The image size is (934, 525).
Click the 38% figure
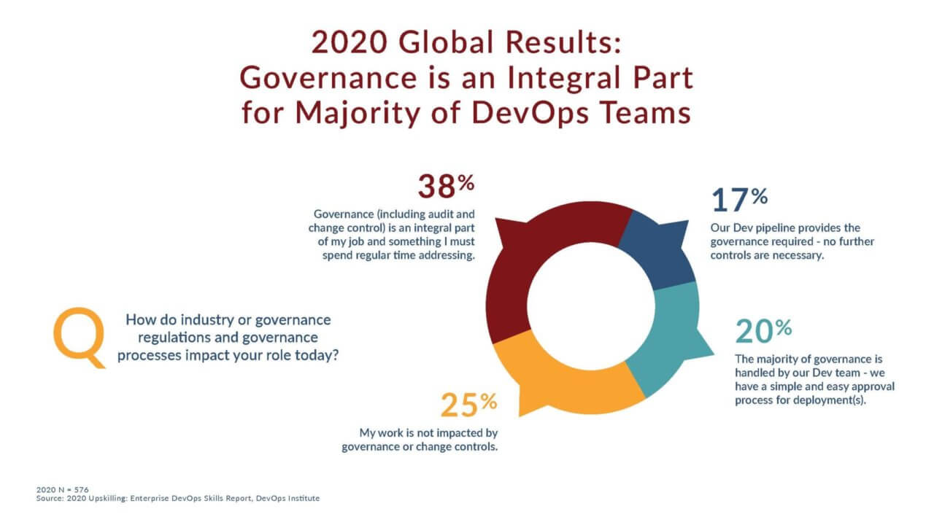click(445, 186)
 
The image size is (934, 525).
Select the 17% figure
click(738, 199)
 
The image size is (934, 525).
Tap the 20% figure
click(763, 331)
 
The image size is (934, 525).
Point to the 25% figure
click(468, 403)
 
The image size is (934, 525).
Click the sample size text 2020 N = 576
click(62, 489)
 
